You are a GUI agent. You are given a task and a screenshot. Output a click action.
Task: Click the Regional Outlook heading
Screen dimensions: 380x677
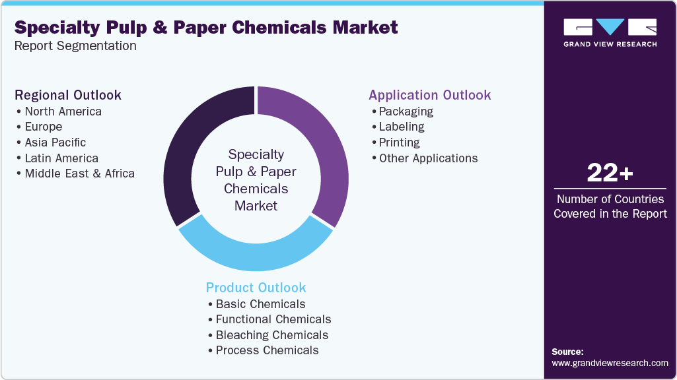(68, 95)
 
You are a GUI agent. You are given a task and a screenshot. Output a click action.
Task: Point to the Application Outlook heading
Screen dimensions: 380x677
(429, 95)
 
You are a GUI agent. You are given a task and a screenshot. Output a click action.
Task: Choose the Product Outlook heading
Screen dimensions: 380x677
(256, 288)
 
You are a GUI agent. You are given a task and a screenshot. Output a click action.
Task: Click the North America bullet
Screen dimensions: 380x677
(63, 111)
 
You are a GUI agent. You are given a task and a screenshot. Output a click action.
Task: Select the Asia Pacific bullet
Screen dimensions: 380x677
(55, 142)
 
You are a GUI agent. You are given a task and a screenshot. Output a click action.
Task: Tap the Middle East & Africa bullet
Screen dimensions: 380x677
(79, 174)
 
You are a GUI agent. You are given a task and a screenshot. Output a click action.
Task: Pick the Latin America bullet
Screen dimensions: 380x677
(61, 158)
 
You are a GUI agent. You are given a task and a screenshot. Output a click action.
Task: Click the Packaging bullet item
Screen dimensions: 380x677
(406, 111)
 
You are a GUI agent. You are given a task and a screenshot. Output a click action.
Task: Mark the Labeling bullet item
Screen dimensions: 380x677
(402, 127)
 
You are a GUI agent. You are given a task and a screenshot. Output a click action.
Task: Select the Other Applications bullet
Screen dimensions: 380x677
(428, 158)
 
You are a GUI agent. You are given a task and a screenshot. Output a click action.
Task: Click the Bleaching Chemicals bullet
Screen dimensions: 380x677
(271, 335)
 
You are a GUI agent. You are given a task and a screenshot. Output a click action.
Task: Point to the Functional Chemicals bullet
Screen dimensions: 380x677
(273, 319)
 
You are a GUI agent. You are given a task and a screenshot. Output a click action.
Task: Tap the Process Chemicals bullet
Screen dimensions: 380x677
(267, 351)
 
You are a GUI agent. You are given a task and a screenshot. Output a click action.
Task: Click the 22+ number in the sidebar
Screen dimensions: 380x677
(610, 174)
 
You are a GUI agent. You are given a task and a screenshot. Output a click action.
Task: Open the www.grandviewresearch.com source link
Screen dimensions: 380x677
(610, 363)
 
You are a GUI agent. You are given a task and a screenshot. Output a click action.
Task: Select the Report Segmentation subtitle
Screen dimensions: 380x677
(75, 46)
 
